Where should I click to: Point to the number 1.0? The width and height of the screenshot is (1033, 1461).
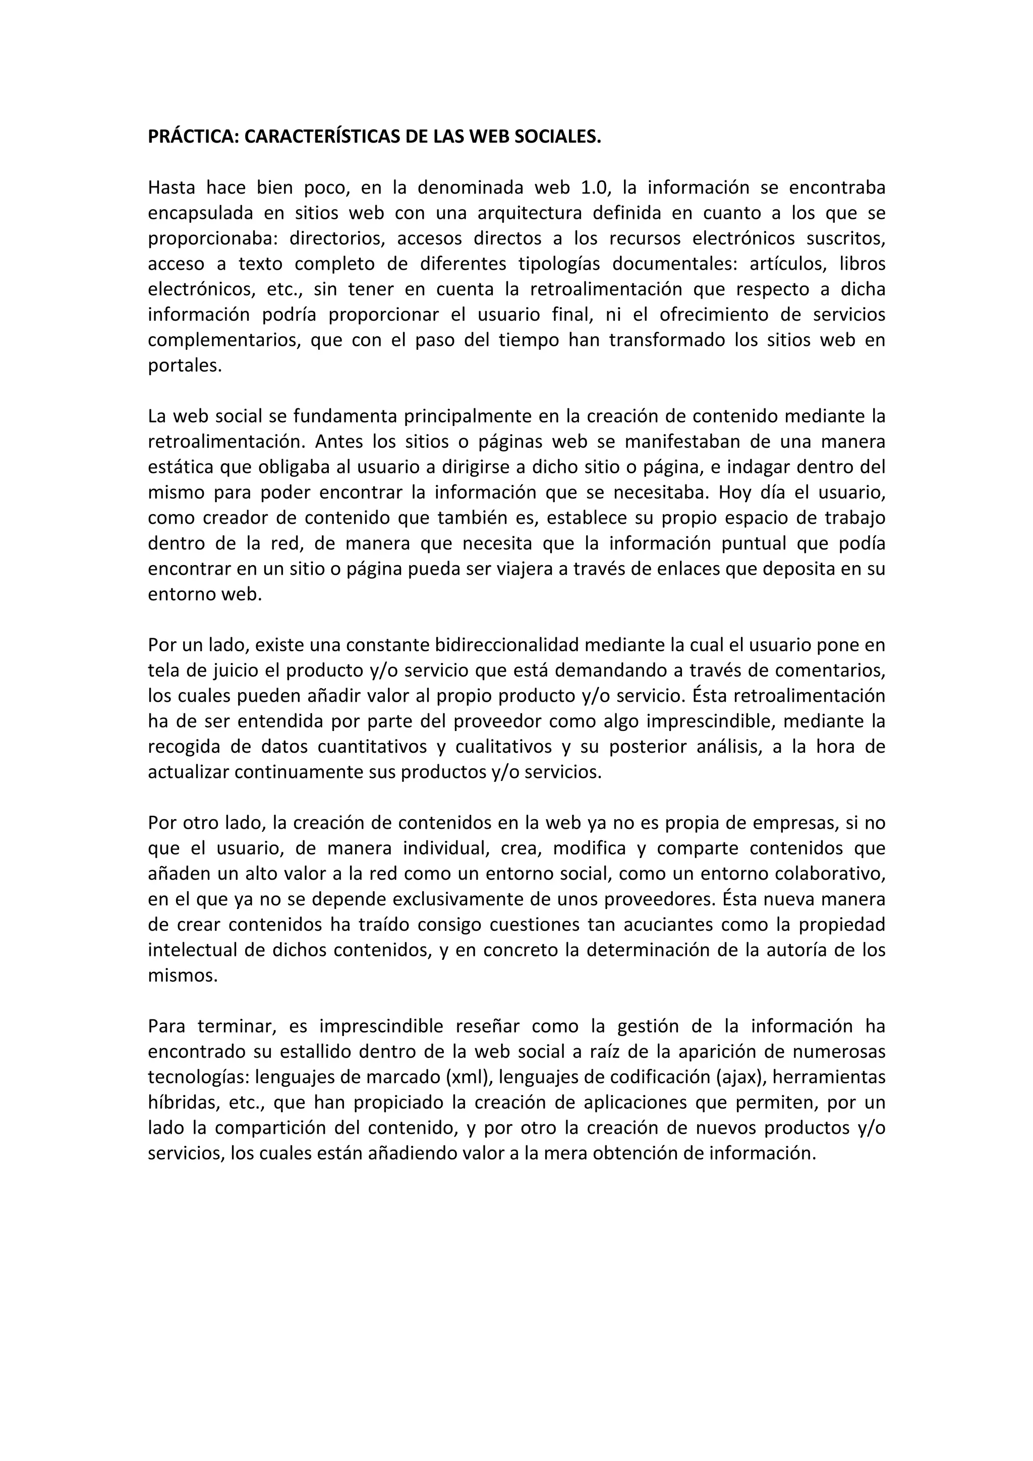[x=595, y=188]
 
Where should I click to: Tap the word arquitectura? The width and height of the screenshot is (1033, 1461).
[x=528, y=213]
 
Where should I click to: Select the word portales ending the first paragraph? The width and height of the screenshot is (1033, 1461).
[x=185, y=366]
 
